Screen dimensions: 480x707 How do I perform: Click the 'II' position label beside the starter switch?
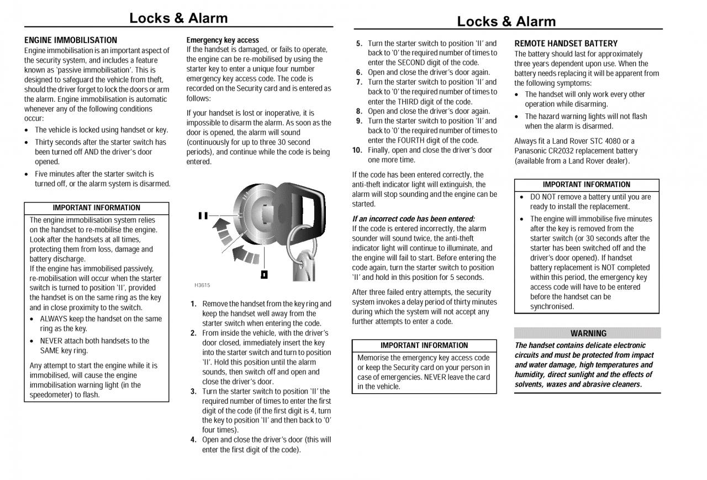click(x=203, y=216)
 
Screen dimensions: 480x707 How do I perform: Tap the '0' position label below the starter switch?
click(x=265, y=274)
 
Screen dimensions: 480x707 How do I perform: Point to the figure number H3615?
click(x=202, y=285)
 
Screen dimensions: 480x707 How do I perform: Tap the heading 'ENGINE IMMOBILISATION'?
click(x=71, y=40)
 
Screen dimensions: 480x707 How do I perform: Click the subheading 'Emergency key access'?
click(x=223, y=40)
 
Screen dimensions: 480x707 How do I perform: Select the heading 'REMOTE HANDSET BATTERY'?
click(x=566, y=44)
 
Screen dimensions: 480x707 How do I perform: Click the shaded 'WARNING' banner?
click(x=588, y=333)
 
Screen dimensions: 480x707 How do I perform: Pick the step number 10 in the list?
click(x=357, y=150)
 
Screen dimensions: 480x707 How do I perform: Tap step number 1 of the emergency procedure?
click(x=193, y=304)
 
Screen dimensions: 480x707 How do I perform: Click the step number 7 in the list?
click(x=359, y=82)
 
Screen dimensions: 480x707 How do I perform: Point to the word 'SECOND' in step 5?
click(x=411, y=63)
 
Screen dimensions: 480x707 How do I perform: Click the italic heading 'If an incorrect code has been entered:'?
click(x=414, y=219)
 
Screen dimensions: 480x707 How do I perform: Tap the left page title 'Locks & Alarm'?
click(x=178, y=18)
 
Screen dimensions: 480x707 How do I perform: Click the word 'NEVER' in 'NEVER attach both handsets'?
click(x=51, y=341)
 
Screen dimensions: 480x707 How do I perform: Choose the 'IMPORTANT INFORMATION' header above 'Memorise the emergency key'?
click(x=424, y=346)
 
